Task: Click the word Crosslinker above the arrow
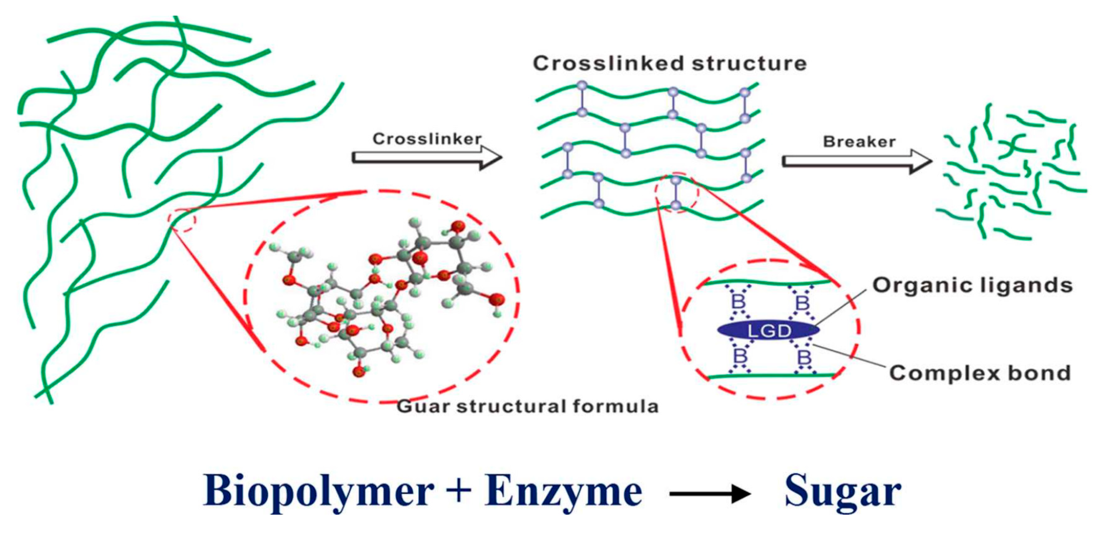[426, 139]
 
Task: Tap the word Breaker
[859, 142]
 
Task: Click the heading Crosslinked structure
[669, 63]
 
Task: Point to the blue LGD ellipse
[768, 331]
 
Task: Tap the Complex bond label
[980, 373]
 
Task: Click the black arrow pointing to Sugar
[710, 494]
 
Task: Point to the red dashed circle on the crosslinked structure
[676, 193]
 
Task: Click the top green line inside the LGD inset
[768, 283]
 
